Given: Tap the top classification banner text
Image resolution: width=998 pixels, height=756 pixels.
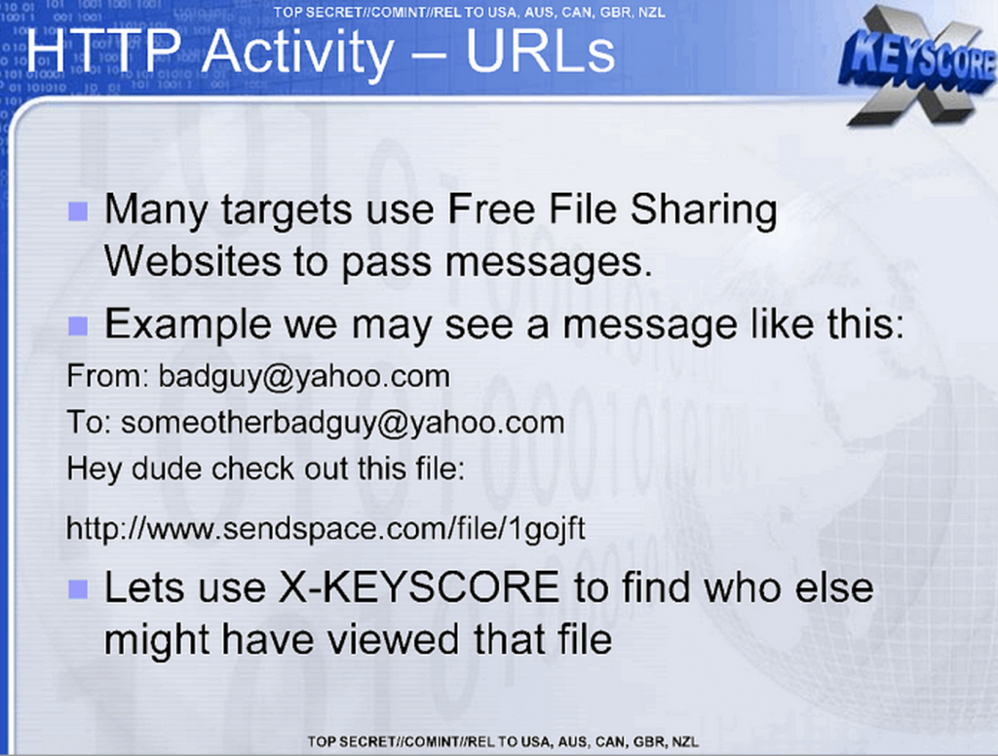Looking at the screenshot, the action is [x=470, y=12].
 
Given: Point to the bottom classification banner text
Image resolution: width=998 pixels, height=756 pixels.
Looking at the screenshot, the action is [x=503, y=741].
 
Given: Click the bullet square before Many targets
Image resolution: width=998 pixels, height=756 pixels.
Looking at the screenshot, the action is [x=78, y=211].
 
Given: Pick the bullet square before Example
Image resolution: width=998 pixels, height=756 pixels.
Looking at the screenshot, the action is [x=78, y=325].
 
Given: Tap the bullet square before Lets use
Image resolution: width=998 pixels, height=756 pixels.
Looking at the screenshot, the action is [x=78, y=589].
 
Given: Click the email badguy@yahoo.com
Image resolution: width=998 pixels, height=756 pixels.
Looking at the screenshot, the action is [x=304, y=377].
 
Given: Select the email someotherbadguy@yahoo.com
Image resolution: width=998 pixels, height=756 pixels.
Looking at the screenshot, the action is [x=343, y=423].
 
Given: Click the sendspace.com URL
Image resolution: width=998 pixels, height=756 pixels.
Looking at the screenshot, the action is [x=326, y=529].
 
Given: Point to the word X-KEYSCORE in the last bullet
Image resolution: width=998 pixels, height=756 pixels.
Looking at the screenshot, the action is [x=419, y=586].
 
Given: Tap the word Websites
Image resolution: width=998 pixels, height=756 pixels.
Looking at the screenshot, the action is [x=193, y=261].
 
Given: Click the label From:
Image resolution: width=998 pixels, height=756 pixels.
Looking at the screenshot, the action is [x=107, y=376].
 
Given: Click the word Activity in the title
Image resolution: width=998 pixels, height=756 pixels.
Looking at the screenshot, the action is [x=298, y=53].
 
